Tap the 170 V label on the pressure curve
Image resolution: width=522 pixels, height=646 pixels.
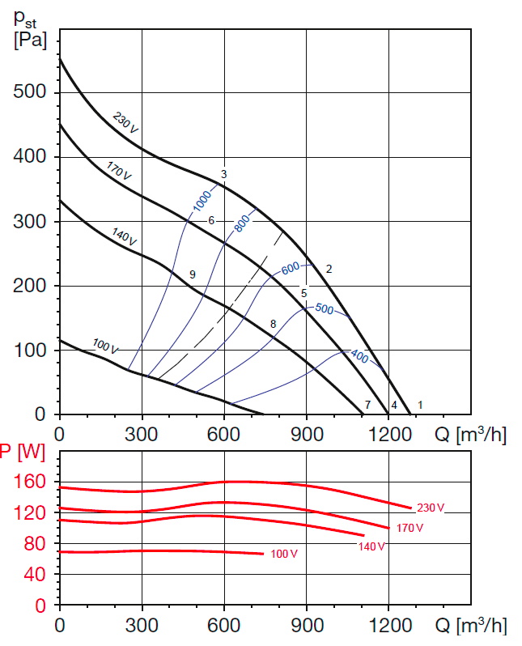tap(118, 170)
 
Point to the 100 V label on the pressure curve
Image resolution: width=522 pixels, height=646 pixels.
tap(105, 347)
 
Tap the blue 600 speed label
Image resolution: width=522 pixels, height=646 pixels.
tap(291, 268)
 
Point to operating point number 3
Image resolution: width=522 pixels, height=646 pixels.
tap(223, 174)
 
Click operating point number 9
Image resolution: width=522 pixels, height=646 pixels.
tap(192, 275)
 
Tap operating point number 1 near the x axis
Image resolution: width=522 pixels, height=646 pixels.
tap(420, 404)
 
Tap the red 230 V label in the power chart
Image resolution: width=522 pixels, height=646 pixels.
tap(431, 508)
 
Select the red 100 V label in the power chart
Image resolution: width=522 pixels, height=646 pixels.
tap(284, 555)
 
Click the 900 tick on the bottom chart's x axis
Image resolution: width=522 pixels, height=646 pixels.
tap(306, 625)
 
